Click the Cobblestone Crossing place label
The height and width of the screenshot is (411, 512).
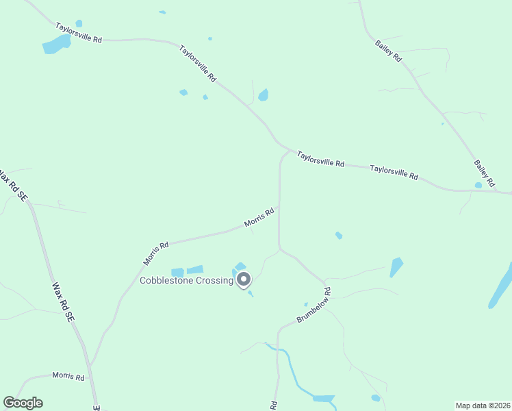[186, 280]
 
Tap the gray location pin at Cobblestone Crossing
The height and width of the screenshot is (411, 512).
[243, 279]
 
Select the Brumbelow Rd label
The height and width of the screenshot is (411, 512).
[315, 306]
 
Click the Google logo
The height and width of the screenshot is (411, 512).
[23, 403]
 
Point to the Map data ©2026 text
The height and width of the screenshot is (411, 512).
[482, 406]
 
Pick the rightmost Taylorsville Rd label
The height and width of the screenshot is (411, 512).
[394, 171]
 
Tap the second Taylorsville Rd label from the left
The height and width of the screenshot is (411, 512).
[198, 64]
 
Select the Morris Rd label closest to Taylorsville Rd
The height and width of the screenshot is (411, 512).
[259, 218]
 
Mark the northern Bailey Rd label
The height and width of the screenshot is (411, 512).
[388, 51]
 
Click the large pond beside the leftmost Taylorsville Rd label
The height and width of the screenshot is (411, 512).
[57, 45]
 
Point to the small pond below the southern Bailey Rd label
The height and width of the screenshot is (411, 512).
[478, 185]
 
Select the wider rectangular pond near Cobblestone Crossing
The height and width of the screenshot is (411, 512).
[195, 270]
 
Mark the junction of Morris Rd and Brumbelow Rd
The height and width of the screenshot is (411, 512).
[279, 206]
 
